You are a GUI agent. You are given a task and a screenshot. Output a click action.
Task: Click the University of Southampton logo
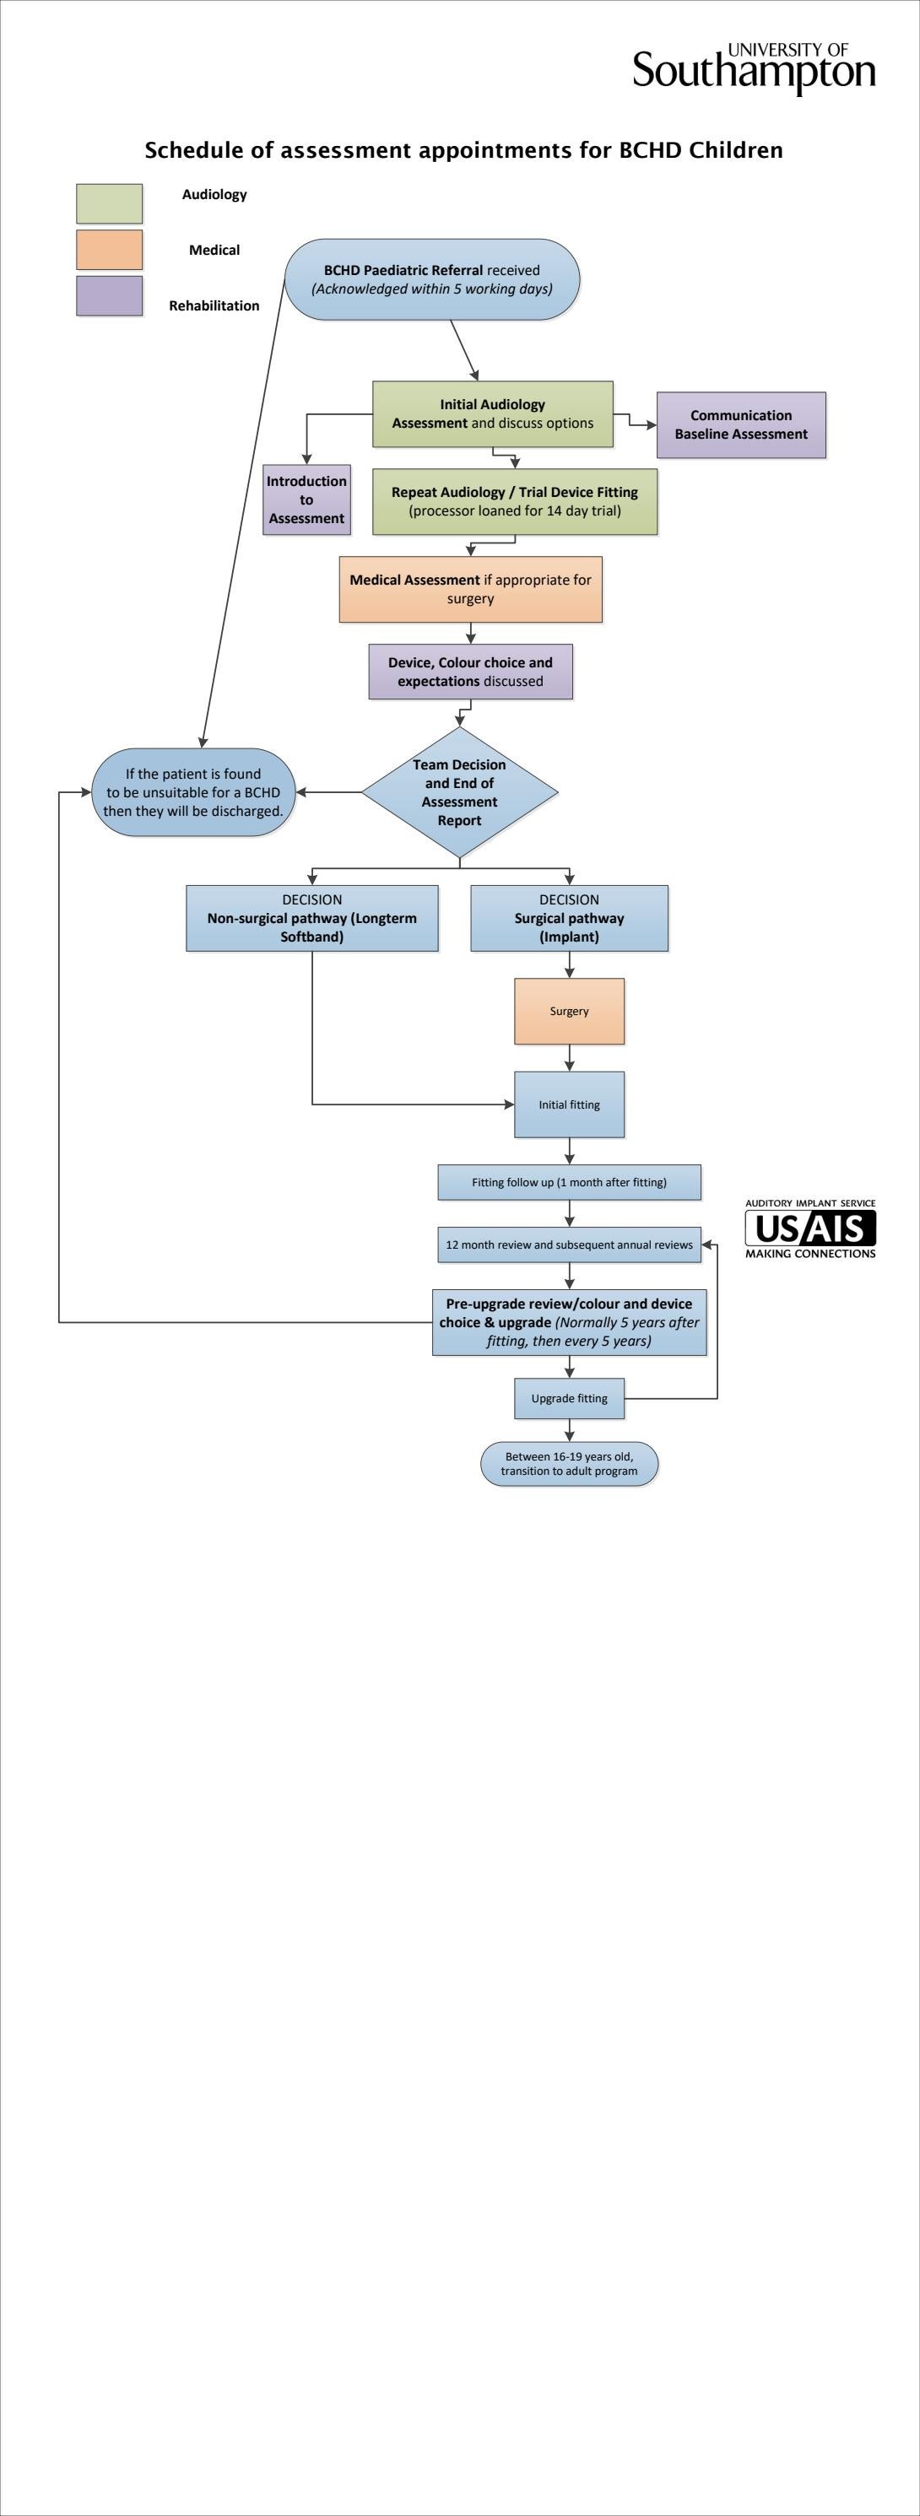pos(753,68)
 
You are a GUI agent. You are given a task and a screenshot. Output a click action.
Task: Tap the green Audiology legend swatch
pos(110,203)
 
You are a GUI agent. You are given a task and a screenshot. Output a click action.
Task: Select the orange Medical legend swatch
pos(110,249)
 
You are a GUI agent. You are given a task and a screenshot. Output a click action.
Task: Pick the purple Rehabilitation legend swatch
pos(110,295)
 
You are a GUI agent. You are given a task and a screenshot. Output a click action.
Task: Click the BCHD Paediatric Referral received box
pos(431,279)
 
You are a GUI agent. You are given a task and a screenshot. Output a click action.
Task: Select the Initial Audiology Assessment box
pos(492,414)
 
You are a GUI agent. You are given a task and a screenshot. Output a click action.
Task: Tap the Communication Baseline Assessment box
pos(740,425)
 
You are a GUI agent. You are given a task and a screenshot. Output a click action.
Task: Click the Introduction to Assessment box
pos(306,499)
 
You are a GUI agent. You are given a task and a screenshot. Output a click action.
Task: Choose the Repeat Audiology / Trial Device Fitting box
pos(515,501)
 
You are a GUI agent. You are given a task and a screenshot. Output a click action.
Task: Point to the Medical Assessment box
pos(470,589)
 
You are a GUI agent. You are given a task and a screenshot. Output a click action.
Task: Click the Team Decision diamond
pos(459,792)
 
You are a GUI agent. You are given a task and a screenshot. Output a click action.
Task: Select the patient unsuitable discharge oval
pos(193,792)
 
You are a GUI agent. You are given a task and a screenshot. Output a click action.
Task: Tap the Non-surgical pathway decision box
pos(311,918)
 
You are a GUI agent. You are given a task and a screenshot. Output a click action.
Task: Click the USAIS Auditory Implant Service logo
pos(809,1228)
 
